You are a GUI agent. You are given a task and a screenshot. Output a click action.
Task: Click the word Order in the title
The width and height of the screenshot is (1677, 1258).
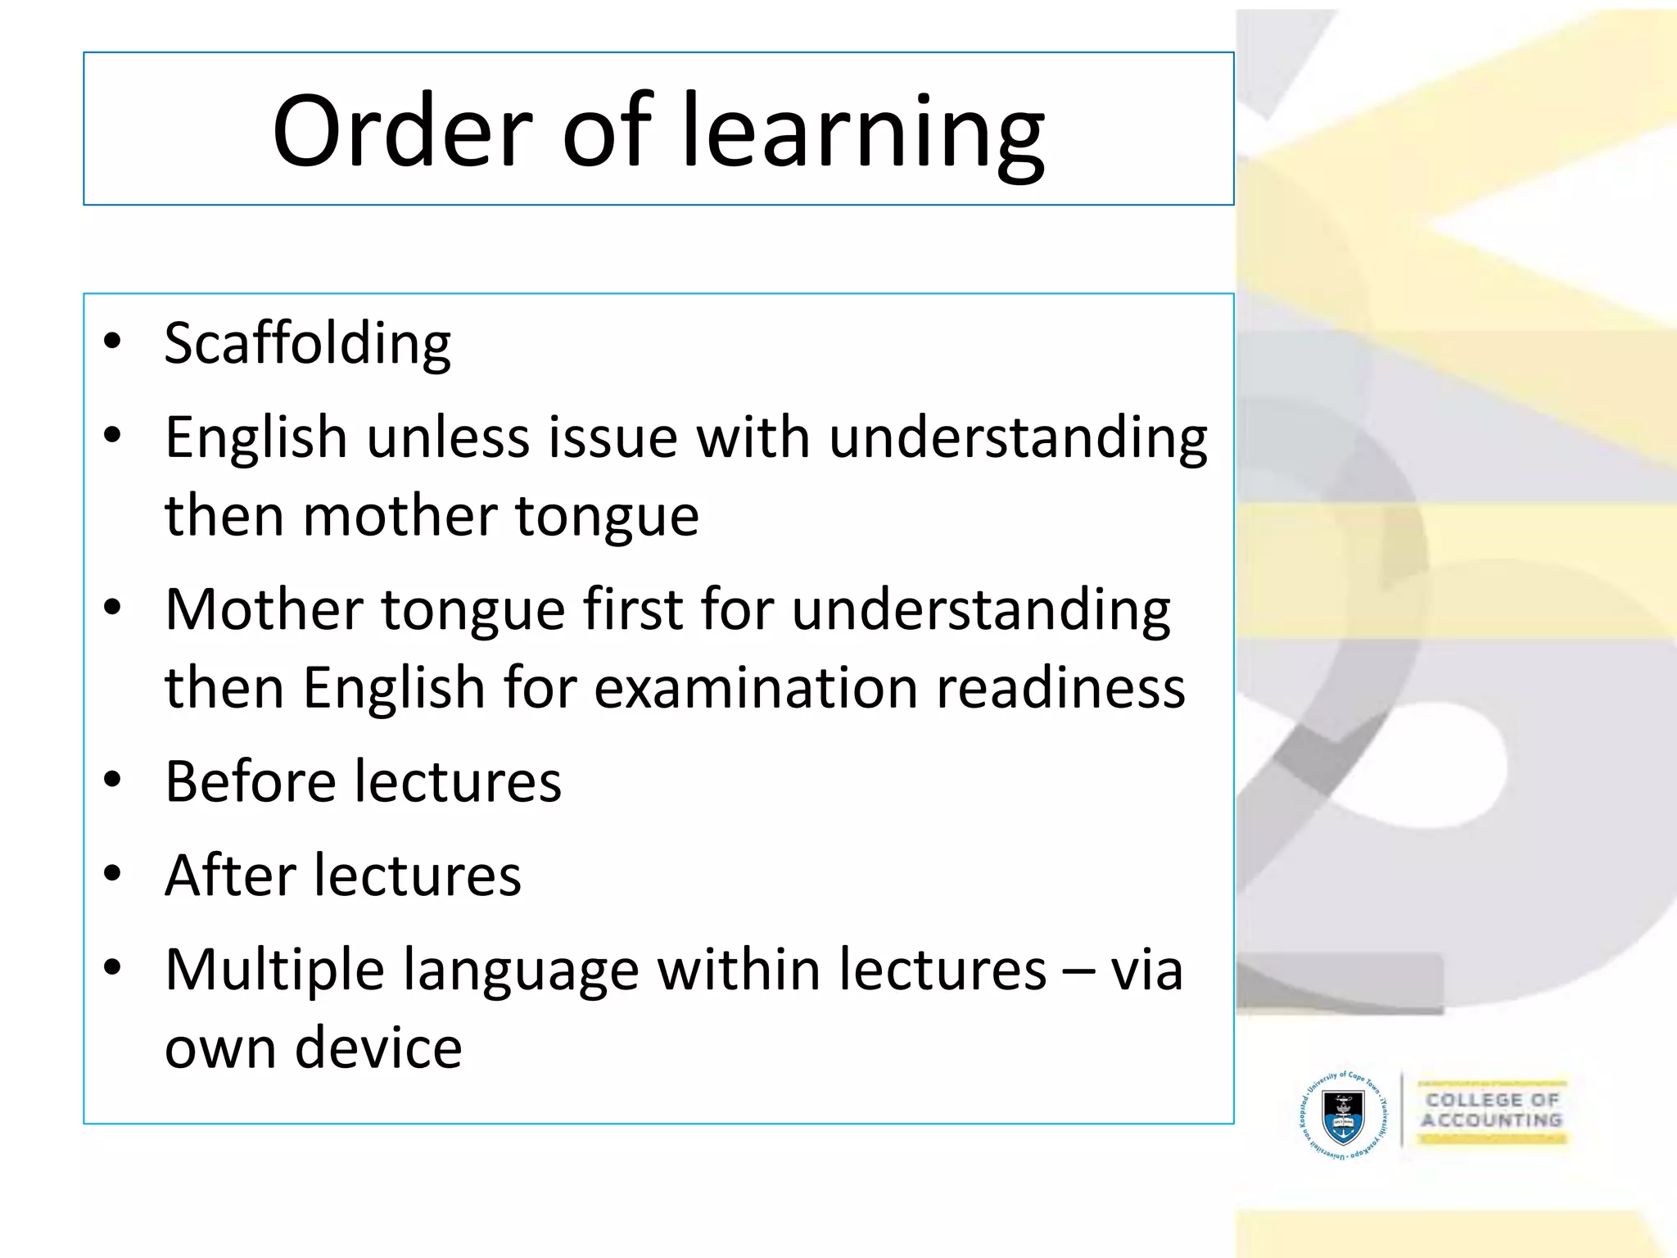[x=402, y=131]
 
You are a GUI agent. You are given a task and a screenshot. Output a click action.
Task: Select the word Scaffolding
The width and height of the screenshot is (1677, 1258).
[x=307, y=344]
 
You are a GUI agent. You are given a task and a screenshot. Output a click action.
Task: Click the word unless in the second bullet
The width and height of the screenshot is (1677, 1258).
[x=448, y=437]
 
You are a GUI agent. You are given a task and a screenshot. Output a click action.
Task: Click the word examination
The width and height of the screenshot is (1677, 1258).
[x=755, y=687]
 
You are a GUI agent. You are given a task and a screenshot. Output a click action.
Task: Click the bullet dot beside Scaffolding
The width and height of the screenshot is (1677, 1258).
[x=113, y=341]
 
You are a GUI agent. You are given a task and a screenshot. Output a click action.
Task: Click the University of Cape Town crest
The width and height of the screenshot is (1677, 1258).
[x=1343, y=1116]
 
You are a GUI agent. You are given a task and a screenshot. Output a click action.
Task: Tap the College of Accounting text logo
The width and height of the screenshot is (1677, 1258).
[x=1491, y=1111]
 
